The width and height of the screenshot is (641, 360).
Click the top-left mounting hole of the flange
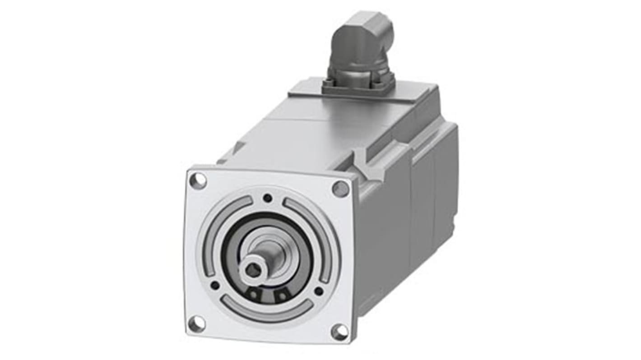coord(198,181)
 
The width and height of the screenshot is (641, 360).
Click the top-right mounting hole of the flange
coord(341,188)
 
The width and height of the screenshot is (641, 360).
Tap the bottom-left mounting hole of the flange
coord(196,323)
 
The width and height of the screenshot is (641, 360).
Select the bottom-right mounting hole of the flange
coord(339,332)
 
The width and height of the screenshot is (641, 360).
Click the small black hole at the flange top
coord(268,198)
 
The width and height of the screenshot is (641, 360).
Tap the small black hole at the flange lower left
coord(215,285)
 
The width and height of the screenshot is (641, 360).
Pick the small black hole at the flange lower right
coord(319,291)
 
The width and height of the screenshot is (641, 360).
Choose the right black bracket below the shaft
coord(282,295)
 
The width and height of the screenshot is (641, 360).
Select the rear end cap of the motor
coord(445,180)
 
